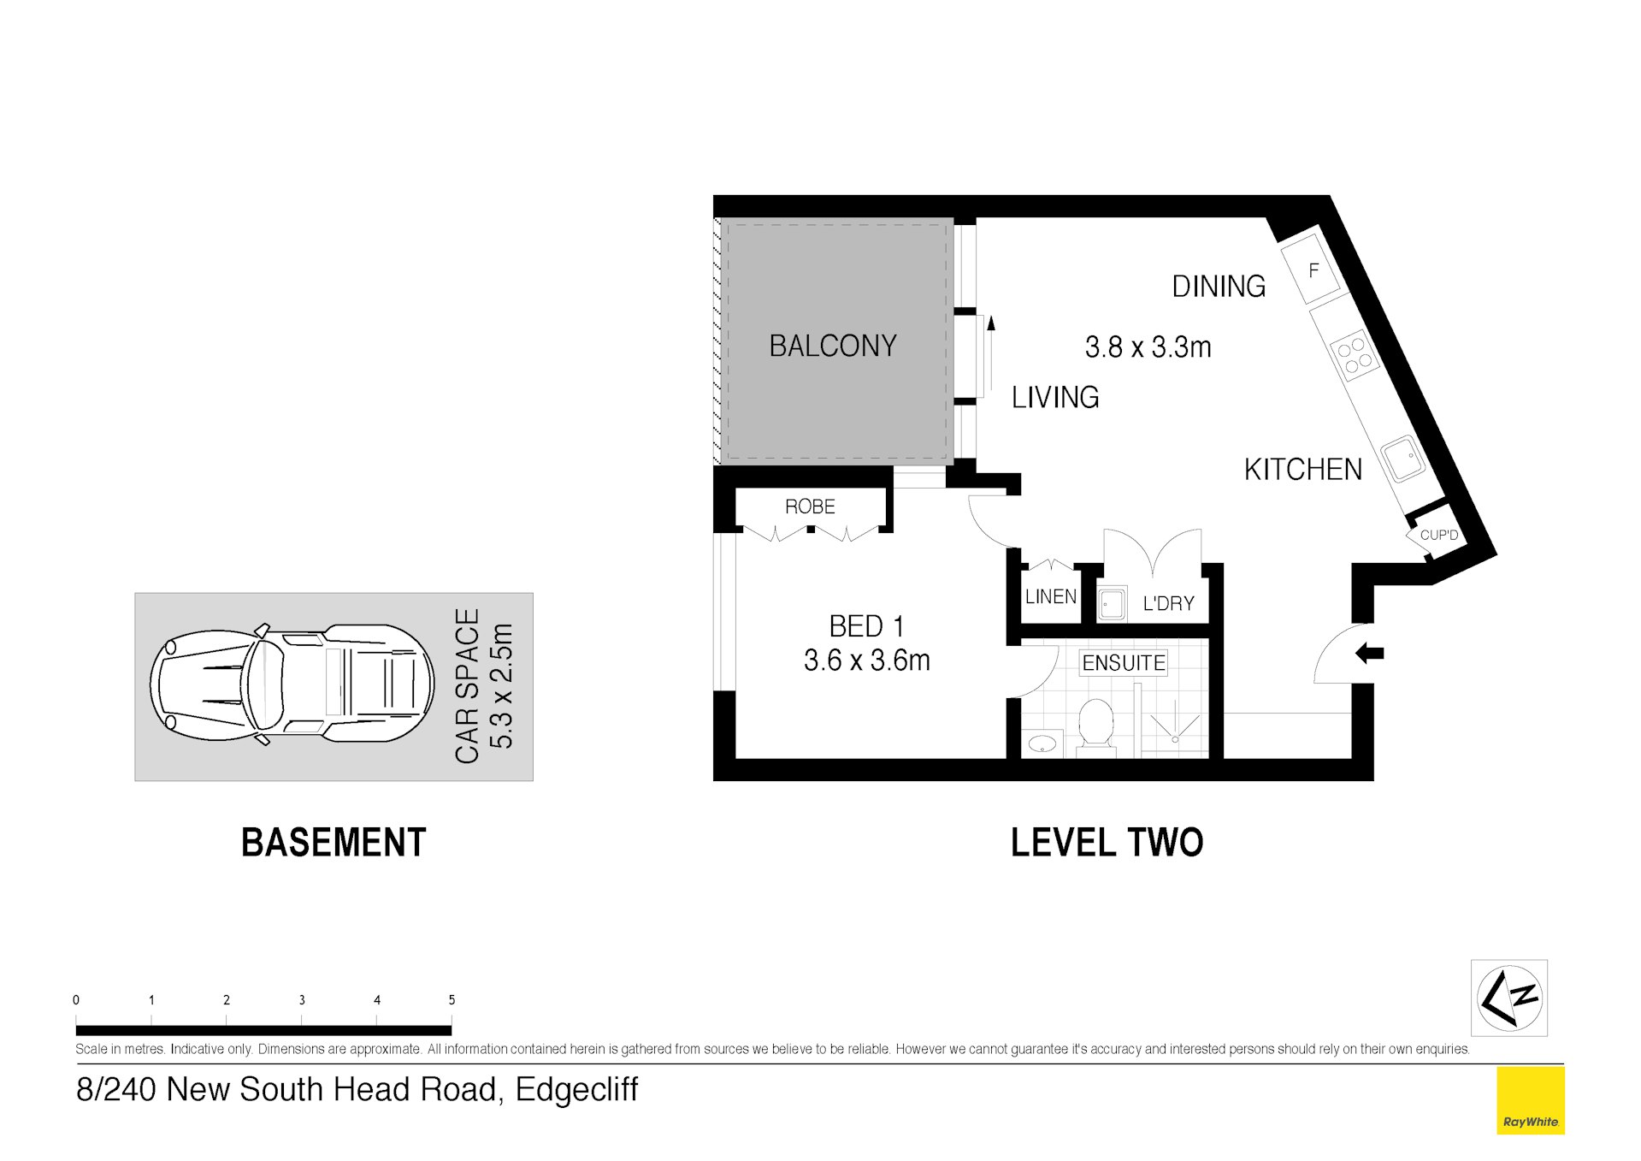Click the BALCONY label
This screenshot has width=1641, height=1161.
click(832, 346)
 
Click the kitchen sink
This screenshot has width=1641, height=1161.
click(1402, 459)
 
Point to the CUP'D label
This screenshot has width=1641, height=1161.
click(1438, 536)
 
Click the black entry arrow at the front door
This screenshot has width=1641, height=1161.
click(1370, 654)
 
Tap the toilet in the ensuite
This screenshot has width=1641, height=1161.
click(1095, 726)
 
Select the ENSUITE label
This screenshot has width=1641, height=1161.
click(1123, 663)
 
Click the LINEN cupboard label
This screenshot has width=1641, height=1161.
click(1050, 597)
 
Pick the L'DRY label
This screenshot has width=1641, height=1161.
click(1168, 604)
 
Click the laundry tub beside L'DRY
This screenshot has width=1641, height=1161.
click(1112, 604)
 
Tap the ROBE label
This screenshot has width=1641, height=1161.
click(809, 506)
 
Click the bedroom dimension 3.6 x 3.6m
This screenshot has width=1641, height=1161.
click(866, 660)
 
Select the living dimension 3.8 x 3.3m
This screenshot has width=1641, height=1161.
click(1148, 347)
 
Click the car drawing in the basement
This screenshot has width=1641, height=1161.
click(291, 684)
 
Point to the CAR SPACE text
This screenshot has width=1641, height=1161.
click(467, 686)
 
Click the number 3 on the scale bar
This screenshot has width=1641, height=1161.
click(302, 999)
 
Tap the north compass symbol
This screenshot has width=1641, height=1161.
click(1509, 998)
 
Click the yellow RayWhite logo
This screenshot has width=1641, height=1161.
click(1530, 1101)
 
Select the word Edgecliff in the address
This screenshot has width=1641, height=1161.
click(576, 1090)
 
